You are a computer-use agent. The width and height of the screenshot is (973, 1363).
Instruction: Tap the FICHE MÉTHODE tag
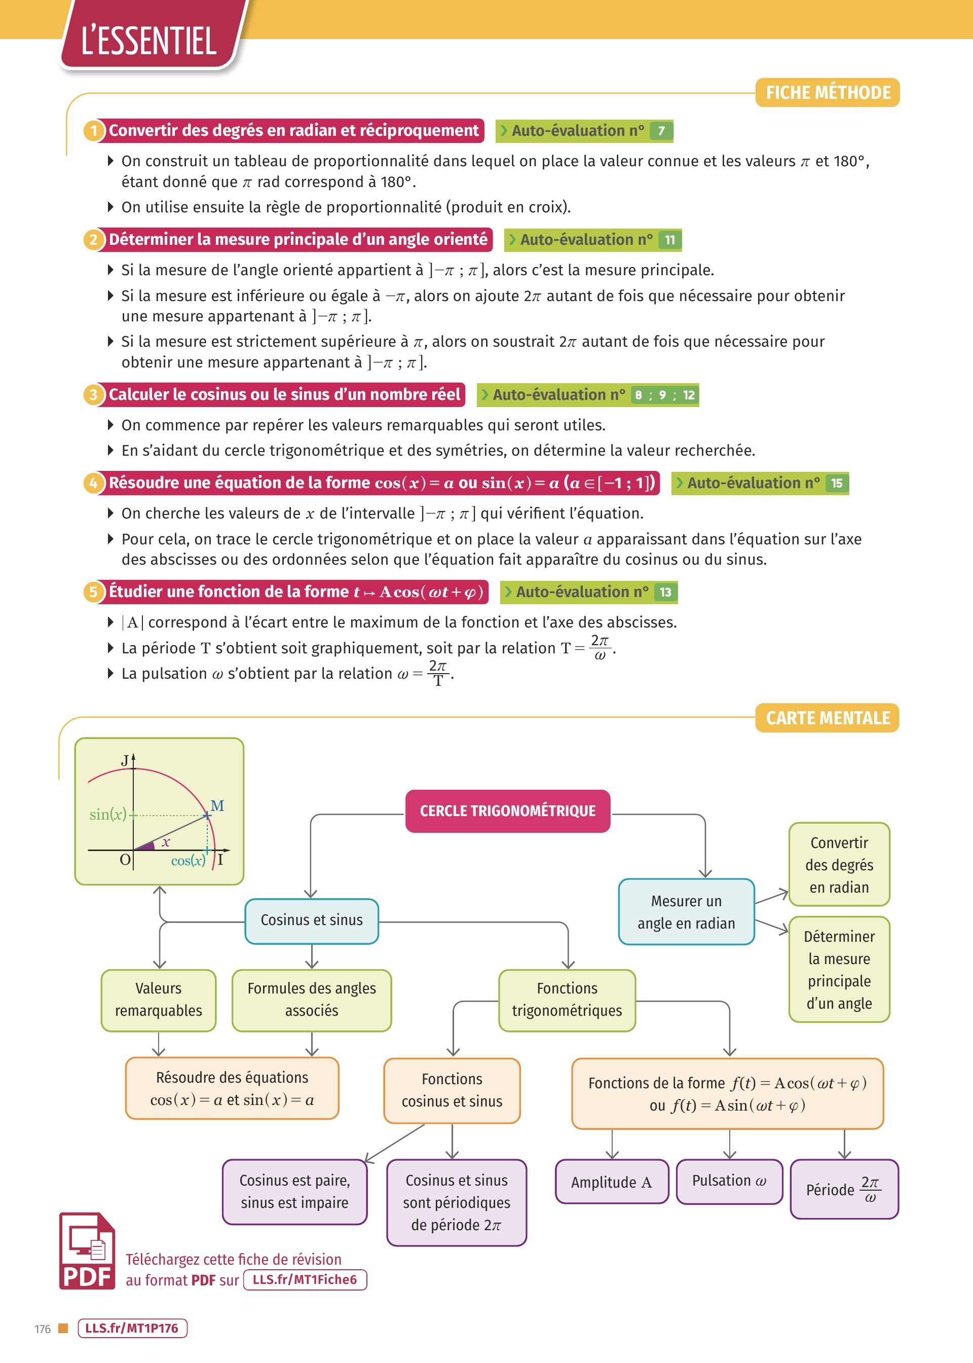(828, 93)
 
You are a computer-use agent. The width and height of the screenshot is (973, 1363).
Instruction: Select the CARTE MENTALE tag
(828, 718)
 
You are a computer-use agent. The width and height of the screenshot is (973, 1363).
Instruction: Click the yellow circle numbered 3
(93, 395)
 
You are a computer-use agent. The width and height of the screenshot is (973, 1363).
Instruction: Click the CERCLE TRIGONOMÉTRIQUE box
(507, 811)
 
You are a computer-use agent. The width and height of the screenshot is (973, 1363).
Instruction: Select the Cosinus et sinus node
(312, 920)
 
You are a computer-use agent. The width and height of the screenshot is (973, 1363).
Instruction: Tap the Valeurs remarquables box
(158, 1000)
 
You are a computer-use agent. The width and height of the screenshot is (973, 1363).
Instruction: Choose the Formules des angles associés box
(312, 1000)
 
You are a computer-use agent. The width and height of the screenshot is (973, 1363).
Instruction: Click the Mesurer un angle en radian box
(686, 912)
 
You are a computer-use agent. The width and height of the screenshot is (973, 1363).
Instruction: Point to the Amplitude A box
(611, 1182)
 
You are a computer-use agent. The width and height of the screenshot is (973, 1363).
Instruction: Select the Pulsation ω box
(729, 1181)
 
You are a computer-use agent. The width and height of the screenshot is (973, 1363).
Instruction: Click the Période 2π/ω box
(844, 1189)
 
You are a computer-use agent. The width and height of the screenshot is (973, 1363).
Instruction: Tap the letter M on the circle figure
(217, 806)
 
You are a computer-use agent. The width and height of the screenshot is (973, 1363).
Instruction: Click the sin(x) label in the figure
(108, 814)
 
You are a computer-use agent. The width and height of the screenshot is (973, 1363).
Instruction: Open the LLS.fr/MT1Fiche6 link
(305, 1280)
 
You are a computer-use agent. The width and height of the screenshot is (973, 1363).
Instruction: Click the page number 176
(43, 1329)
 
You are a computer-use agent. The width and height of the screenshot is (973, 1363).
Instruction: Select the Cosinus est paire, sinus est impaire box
(294, 1191)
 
